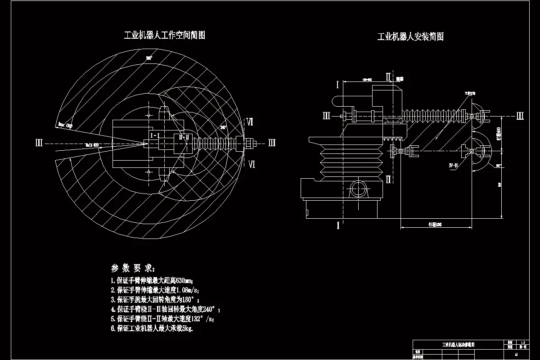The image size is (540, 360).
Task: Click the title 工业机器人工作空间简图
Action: coord(164,35)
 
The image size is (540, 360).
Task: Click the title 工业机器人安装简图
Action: coord(410,37)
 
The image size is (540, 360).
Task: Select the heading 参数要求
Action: coord(133,268)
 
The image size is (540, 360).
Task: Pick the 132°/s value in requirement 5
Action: coord(202,319)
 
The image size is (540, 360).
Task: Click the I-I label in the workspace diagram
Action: coord(155,135)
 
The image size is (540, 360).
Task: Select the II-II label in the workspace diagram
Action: coord(184,136)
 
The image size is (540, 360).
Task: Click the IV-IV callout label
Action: coord(453,166)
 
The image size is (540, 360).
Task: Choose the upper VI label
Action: coord(250,122)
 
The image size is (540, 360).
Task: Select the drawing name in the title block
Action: coord(457,344)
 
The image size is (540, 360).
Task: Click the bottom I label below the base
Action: coord(338,226)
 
